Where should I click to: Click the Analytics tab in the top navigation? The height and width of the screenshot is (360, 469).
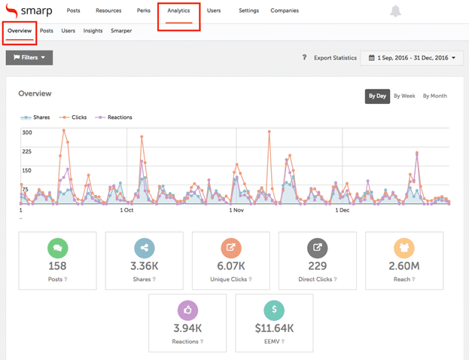(178, 11)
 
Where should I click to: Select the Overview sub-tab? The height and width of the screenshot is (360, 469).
(20, 31)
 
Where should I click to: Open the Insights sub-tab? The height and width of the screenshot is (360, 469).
(93, 31)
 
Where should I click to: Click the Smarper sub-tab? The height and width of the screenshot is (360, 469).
(121, 31)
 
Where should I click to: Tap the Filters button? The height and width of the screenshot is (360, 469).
(29, 57)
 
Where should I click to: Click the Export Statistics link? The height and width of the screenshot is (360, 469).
(335, 57)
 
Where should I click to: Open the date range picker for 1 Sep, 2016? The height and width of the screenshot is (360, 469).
(412, 57)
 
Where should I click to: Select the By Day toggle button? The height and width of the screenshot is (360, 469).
(376, 96)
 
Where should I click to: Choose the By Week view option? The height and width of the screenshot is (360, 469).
(404, 96)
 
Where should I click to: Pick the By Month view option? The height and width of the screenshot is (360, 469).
(434, 96)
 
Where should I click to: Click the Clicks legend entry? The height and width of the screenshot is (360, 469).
(77, 117)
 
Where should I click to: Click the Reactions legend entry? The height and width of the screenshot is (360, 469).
(117, 117)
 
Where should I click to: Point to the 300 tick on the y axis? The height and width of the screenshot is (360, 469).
(27, 133)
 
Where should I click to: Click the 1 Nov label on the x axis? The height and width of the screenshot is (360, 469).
(236, 210)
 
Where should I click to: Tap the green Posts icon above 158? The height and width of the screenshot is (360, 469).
(58, 248)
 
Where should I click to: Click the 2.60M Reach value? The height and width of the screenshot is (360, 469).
(404, 266)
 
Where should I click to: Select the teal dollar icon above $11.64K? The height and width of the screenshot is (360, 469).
(274, 310)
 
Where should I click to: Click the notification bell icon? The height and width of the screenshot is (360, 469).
(396, 11)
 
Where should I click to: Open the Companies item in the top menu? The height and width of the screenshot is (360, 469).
(285, 11)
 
